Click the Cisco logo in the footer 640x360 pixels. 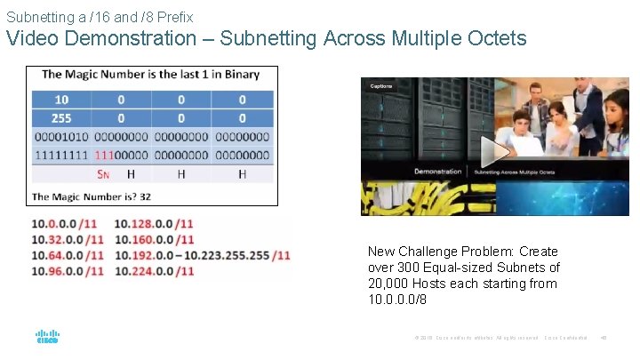pyautogui.click(x=47, y=337)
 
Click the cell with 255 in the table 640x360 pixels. pyautogui.click(x=61, y=117)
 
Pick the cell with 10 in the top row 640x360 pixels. pyautogui.click(x=61, y=99)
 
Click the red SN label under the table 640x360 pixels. pyautogui.click(x=103, y=175)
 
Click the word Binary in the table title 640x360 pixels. pyautogui.click(x=238, y=75)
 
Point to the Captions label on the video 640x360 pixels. pyautogui.click(x=380, y=86)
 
